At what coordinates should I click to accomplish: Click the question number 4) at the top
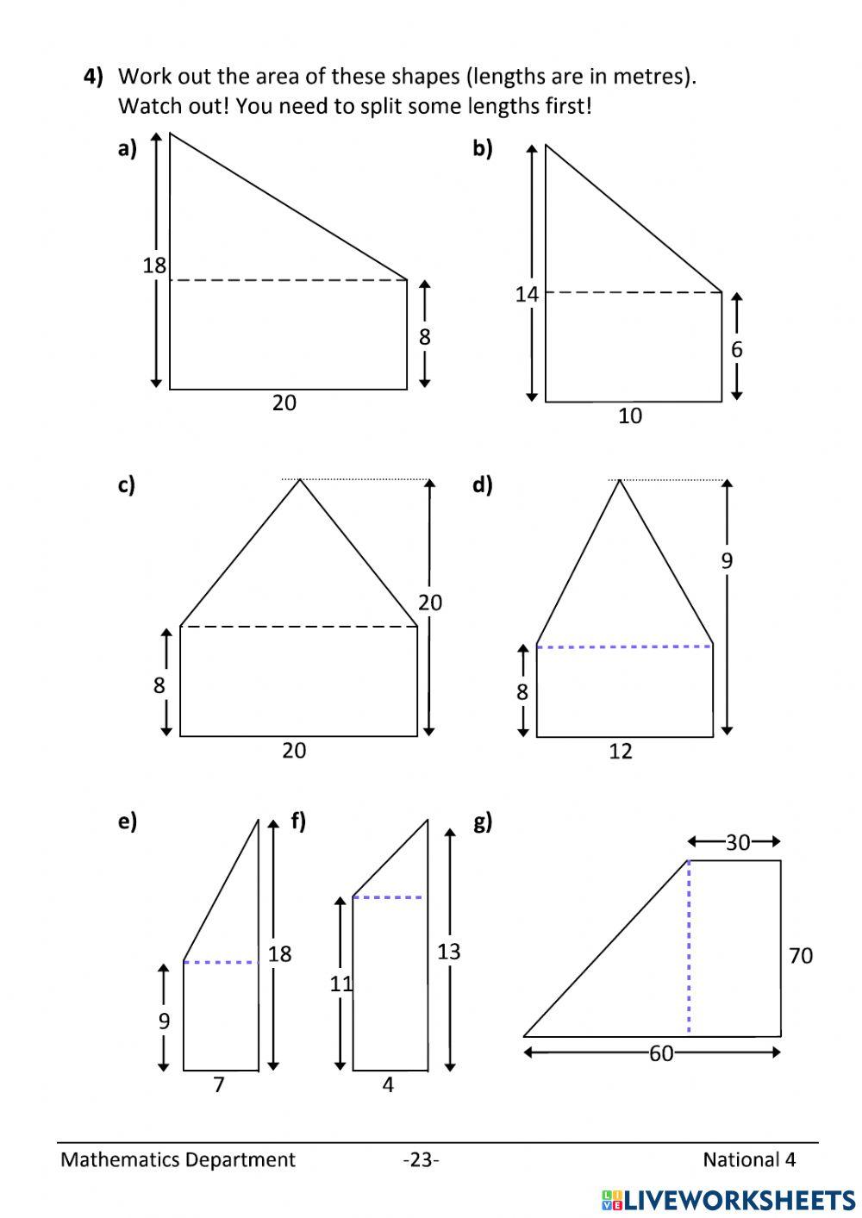pos(93,77)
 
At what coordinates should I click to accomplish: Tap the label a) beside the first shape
pos(127,149)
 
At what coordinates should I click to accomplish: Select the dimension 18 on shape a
pos(154,265)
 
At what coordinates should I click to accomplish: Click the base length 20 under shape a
pos(284,403)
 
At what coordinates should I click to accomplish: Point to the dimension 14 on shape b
pos(527,295)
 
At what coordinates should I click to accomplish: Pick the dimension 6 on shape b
pos(736,349)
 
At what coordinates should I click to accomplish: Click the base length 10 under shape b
pos(630,416)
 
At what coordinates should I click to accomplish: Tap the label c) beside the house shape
pos(127,485)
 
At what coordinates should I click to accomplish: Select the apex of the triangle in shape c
pos(299,480)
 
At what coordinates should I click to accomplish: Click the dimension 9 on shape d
pos(727,561)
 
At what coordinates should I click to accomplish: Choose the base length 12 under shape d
pos(621,752)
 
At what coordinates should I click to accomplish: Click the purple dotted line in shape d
pos(624,646)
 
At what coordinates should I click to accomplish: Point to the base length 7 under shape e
pos(219,1084)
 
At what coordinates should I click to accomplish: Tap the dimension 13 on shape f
pos(448,952)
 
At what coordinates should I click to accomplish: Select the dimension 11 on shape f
pos(341,983)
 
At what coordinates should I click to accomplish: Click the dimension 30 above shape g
pos(737,842)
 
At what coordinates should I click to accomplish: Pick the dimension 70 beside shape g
pos(801,955)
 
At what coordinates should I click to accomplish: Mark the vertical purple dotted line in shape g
pos(689,948)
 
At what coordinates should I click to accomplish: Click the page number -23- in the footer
pos(421,1160)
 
